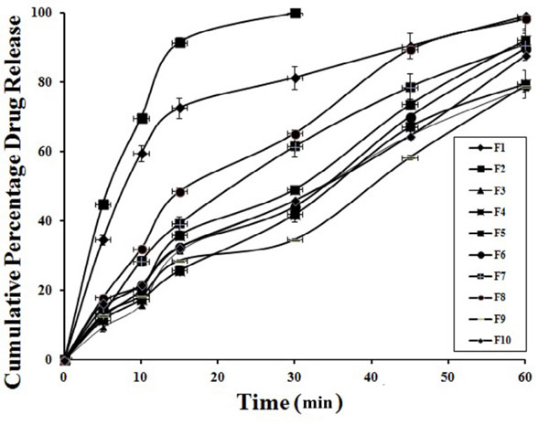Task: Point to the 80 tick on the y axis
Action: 43,82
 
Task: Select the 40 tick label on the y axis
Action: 43,220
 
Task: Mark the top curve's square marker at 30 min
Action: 295,13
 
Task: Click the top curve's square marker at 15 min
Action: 180,43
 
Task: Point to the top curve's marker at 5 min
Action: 103,205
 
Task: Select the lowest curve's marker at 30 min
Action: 295,239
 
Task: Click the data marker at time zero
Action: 64,359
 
